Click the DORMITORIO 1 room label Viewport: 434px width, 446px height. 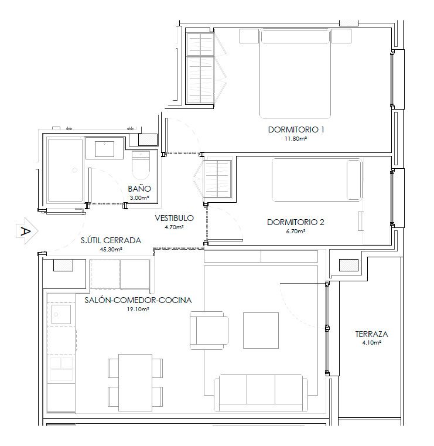296,130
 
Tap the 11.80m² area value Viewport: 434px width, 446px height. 296,139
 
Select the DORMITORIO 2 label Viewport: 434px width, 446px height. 295,222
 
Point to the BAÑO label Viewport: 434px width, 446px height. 139,189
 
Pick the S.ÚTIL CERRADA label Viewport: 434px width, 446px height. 111,240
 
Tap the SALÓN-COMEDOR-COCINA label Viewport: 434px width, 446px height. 138,301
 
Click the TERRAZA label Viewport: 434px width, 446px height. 371,335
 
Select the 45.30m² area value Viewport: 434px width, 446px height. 110,249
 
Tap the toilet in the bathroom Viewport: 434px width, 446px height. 141,166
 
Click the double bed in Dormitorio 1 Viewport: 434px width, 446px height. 296,73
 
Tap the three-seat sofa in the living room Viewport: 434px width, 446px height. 261,393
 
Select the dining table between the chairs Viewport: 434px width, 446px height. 135,374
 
